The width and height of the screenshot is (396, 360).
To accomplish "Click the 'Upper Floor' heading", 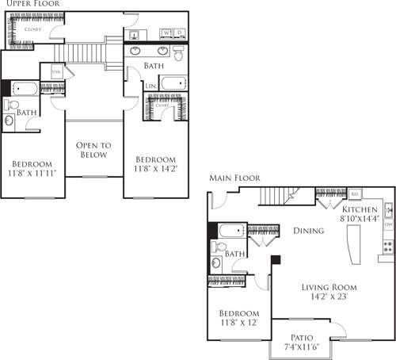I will click(22, 5).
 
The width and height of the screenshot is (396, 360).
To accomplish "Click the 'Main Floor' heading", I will click(230, 178).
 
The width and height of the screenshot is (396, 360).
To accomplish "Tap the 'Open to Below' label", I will click(93, 151).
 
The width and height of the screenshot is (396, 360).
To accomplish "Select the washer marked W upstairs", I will click(166, 33).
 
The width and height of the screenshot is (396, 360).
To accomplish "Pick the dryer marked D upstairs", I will click(180, 33).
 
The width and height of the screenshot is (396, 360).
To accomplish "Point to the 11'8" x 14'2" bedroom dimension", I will click(155, 168).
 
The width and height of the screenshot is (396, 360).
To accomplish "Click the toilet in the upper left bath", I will click(10, 105).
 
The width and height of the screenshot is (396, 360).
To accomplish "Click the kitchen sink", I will click(388, 212).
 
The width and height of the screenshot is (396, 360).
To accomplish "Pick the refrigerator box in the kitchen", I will click(356, 193).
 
